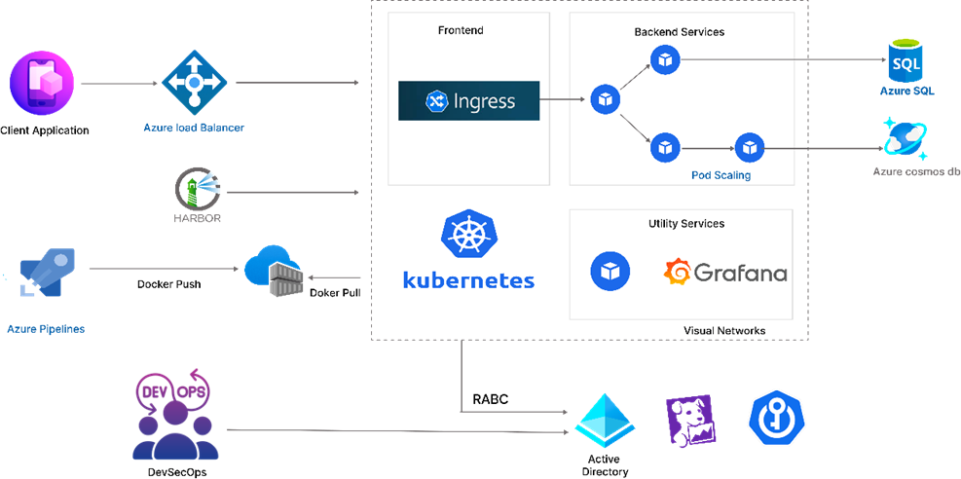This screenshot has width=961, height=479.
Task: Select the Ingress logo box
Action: pos(469,100)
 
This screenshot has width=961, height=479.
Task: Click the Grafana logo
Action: pos(725,272)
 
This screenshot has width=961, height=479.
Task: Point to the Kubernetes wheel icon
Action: pos(468,237)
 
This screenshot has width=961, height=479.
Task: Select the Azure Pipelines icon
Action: pos(47,272)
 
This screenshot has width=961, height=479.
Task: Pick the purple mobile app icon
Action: pos(42,85)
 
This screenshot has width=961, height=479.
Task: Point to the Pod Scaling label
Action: pos(721,175)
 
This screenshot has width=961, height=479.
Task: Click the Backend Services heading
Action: pos(679,32)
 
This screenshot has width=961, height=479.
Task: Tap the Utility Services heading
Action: pos(685,224)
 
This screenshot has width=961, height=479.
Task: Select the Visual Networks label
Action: pos(723,331)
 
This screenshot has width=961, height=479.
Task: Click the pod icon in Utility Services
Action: pos(610,271)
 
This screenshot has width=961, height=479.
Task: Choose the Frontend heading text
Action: pos(461,30)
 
